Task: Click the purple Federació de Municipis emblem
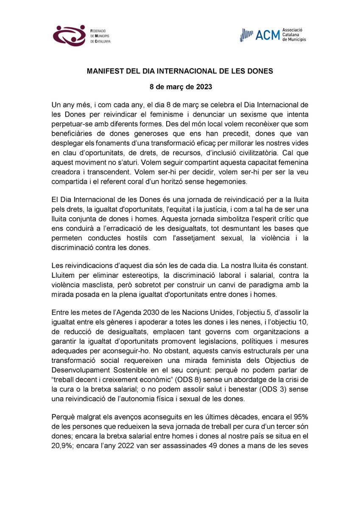coord(70,36)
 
